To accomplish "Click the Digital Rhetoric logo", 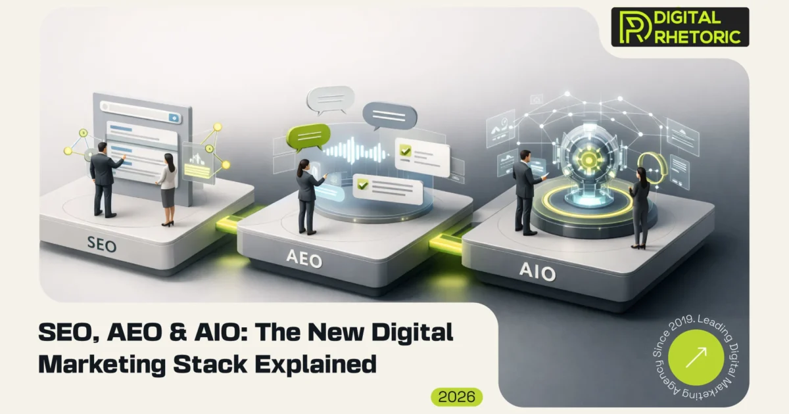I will [x=680, y=27].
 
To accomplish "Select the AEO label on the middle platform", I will [x=304, y=260].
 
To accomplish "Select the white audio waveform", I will [x=356, y=150].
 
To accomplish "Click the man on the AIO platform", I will [x=525, y=191].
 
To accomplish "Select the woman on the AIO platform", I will [x=639, y=206].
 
